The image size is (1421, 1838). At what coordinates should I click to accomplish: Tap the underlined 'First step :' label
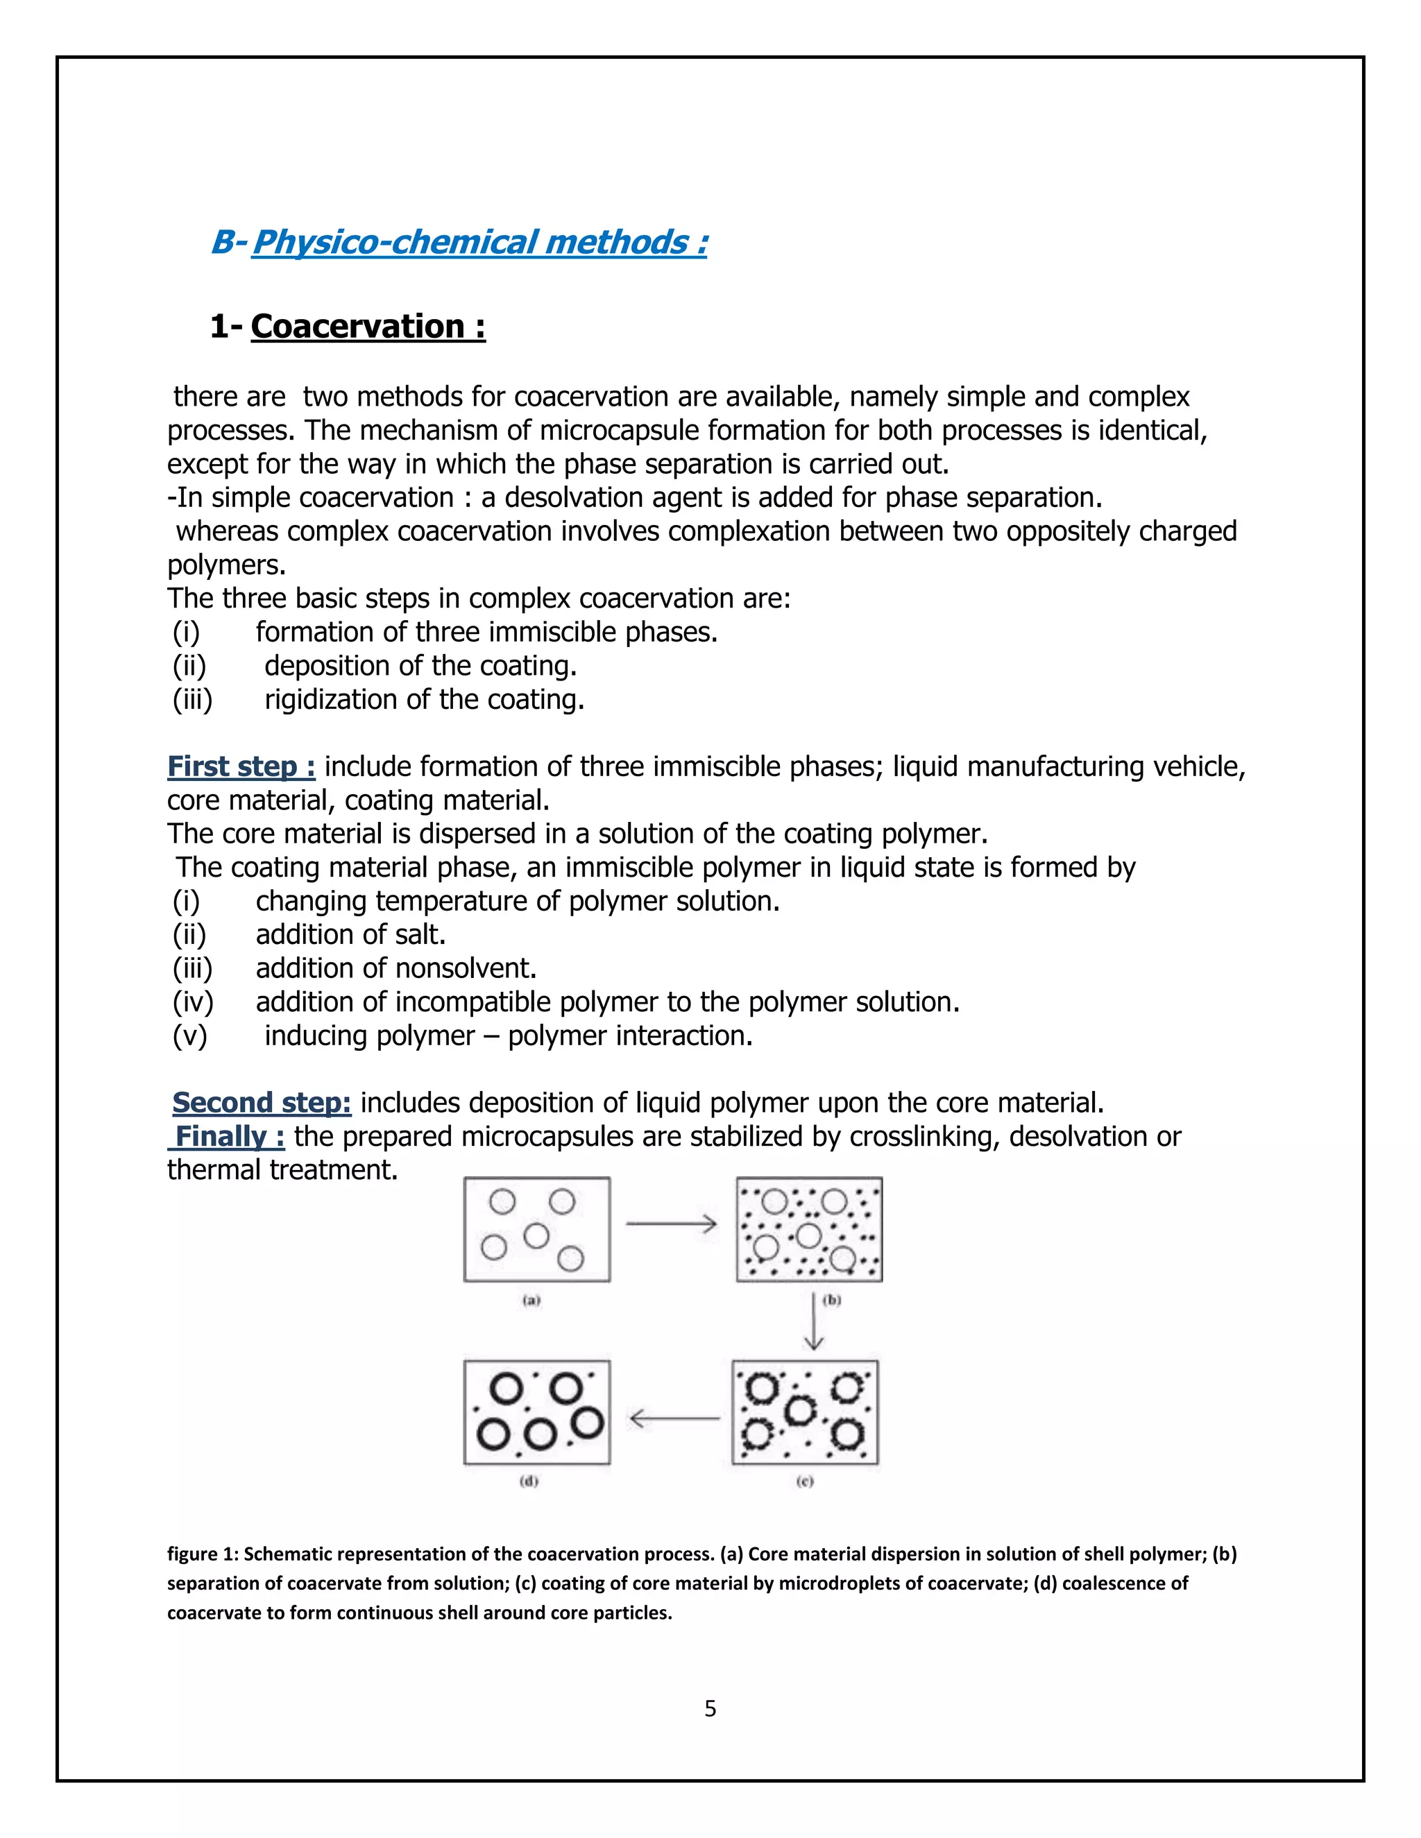pos(241,766)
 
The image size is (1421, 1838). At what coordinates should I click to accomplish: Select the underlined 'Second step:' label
pos(261,1103)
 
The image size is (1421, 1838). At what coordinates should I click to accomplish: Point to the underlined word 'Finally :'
pos(229,1136)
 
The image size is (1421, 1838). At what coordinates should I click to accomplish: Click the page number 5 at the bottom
pos(710,1708)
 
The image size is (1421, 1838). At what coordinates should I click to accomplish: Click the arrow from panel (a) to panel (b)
pos(671,1223)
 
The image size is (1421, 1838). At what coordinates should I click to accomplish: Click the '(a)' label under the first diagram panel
pos(531,1300)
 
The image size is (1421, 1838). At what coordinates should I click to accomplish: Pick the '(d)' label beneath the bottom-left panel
pos(529,1481)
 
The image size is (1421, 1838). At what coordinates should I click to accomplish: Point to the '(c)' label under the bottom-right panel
pos(804,1481)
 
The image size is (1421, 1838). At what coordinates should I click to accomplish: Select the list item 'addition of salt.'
pos(350,935)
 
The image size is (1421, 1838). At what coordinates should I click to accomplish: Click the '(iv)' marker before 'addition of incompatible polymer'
pos(193,1002)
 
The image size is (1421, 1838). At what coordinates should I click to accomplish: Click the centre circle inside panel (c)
pos(801,1411)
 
